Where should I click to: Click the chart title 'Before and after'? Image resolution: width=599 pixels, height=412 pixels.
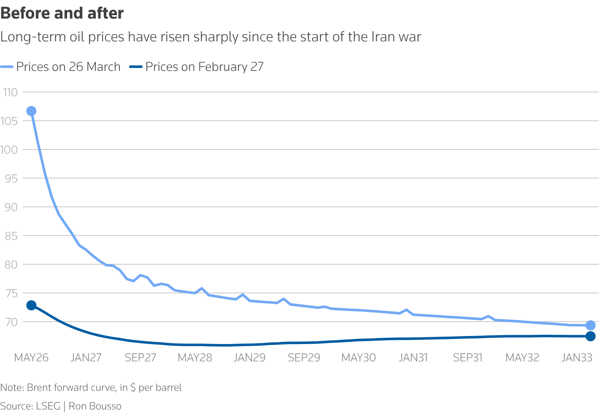pyautogui.click(x=62, y=14)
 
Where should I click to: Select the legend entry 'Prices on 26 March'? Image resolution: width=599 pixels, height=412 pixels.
pyautogui.click(x=68, y=67)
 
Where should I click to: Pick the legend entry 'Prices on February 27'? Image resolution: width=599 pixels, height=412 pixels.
pyautogui.click(x=204, y=67)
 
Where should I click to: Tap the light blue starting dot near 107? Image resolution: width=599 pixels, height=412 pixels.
pyautogui.click(x=31, y=111)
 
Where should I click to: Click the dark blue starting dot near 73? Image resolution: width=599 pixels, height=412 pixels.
pyautogui.click(x=31, y=305)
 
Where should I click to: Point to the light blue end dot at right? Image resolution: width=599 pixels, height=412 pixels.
pyautogui.click(x=591, y=325)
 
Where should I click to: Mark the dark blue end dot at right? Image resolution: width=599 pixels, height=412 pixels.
pyautogui.click(x=591, y=336)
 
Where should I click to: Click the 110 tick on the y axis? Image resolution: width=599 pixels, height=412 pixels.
pyautogui.click(x=10, y=92)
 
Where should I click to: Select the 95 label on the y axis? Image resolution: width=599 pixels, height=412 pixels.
pyautogui.click(x=11, y=178)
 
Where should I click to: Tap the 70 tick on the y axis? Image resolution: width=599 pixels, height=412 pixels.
pyautogui.click(x=11, y=322)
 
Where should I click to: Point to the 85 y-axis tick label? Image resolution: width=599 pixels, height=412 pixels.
pyautogui.click(x=11, y=236)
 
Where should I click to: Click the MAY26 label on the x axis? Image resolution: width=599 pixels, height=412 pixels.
pyautogui.click(x=31, y=358)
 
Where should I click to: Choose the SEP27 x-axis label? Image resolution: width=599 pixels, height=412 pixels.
pyautogui.click(x=140, y=358)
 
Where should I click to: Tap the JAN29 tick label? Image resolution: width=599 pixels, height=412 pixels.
pyautogui.click(x=249, y=358)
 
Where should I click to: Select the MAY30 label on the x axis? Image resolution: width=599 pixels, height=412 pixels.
pyautogui.click(x=358, y=358)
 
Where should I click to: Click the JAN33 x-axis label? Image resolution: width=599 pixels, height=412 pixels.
pyautogui.click(x=577, y=358)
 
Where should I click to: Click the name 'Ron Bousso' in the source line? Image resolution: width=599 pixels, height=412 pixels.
pyautogui.click(x=95, y=406)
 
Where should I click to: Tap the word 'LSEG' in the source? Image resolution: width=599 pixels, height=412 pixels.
pyautogui.click(x=48, y=406)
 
